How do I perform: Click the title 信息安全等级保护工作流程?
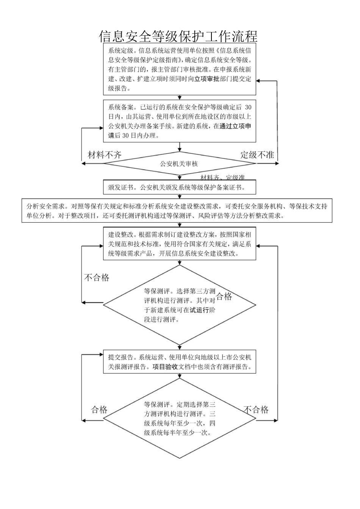pos(178,36)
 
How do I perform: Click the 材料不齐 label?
pos(105,155)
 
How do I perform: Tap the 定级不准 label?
pos(257,155)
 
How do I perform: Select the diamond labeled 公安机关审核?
pos(179,164)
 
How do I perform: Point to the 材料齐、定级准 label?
pos(222,177)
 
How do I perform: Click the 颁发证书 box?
pos(179,187)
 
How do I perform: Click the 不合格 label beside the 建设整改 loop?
pos(97,278)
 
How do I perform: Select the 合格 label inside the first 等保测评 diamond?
pos(224,296)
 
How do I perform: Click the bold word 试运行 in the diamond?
pos(199,310)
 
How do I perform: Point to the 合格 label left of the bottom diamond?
pos(99,409)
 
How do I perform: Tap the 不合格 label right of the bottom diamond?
pos(256,409)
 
